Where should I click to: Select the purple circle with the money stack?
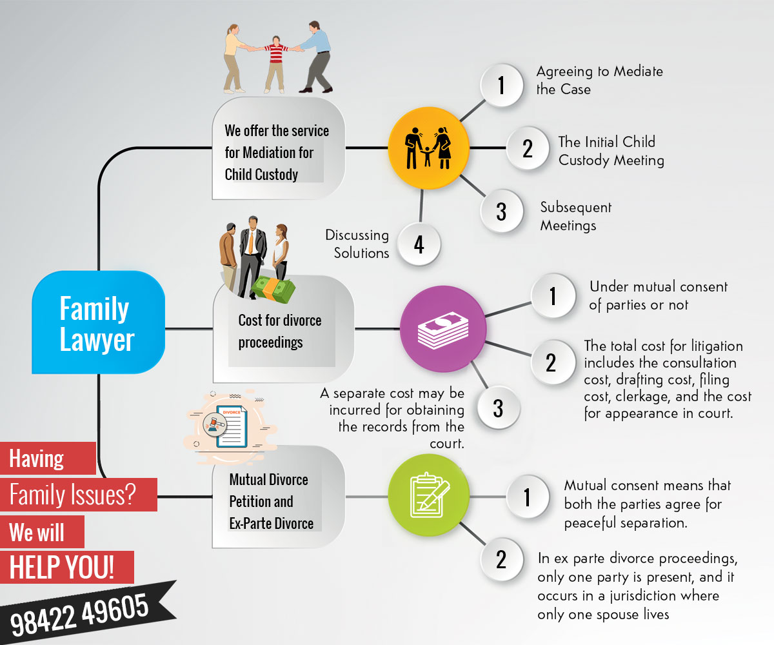[x=442, y=329]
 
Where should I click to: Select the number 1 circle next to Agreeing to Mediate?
[x=501, y=85]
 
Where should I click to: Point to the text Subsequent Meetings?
[x=575, y=216]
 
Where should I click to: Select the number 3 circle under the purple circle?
[x=498, y=408]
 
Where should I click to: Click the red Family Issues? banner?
[x=72, y=495]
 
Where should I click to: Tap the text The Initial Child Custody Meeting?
[x=610, y=150]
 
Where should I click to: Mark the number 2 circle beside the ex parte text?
[x=501, y=560]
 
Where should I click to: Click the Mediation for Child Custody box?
[x=277, y=152]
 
